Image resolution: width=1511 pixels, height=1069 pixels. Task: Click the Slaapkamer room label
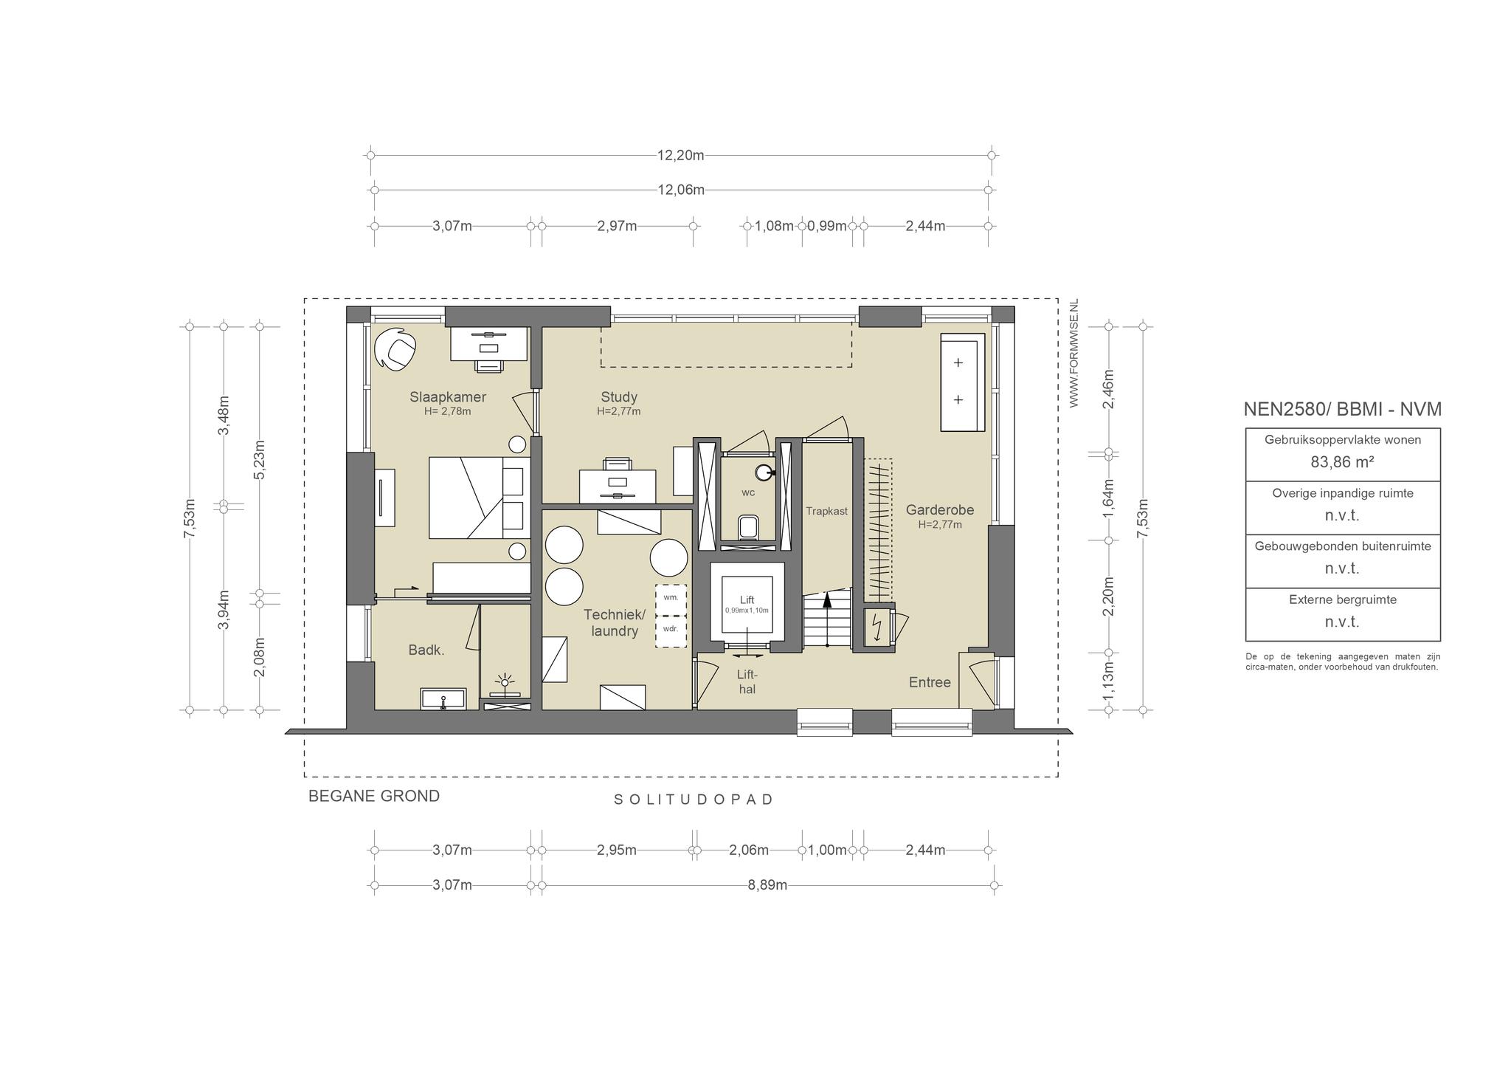pos(448,397)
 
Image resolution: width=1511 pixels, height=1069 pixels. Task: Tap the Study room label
pos(619,397)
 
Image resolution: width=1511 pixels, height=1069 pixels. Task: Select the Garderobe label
pos(940,509)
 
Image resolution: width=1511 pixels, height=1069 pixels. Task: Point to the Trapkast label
pos(826,511)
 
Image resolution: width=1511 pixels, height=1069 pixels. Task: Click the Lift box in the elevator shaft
pos(747,605)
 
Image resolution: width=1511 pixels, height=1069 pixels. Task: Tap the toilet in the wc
pos(748,528)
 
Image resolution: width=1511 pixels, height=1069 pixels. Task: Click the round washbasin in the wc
pos(764,472)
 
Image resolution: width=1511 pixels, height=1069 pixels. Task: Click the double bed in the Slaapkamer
pos(480,498)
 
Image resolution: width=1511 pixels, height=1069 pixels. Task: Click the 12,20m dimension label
pos(681,155)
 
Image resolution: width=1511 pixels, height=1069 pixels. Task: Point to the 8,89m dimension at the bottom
pos(767,885)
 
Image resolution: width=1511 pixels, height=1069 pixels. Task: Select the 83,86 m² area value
pos(1342,462)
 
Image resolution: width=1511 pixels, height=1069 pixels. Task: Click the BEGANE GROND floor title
pos(374,797)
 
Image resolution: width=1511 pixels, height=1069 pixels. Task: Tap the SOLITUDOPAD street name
pos(694,800)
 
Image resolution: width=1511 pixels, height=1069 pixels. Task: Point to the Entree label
pos(930,683)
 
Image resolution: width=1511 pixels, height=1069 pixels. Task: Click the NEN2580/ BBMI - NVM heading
pos(1343,409)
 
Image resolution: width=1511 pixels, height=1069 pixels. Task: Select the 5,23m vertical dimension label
pos(259,460)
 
